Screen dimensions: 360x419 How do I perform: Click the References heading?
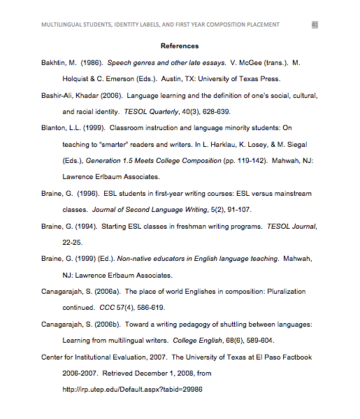coord(180,46)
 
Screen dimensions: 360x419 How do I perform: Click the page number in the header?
coord(315,24)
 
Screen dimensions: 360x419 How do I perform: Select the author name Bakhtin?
coord(56,62)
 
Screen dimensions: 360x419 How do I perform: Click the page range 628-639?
coord(217,111)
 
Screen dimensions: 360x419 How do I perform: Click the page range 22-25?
coord(73,242)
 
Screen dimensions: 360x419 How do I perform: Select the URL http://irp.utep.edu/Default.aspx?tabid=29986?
coord(132,390)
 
